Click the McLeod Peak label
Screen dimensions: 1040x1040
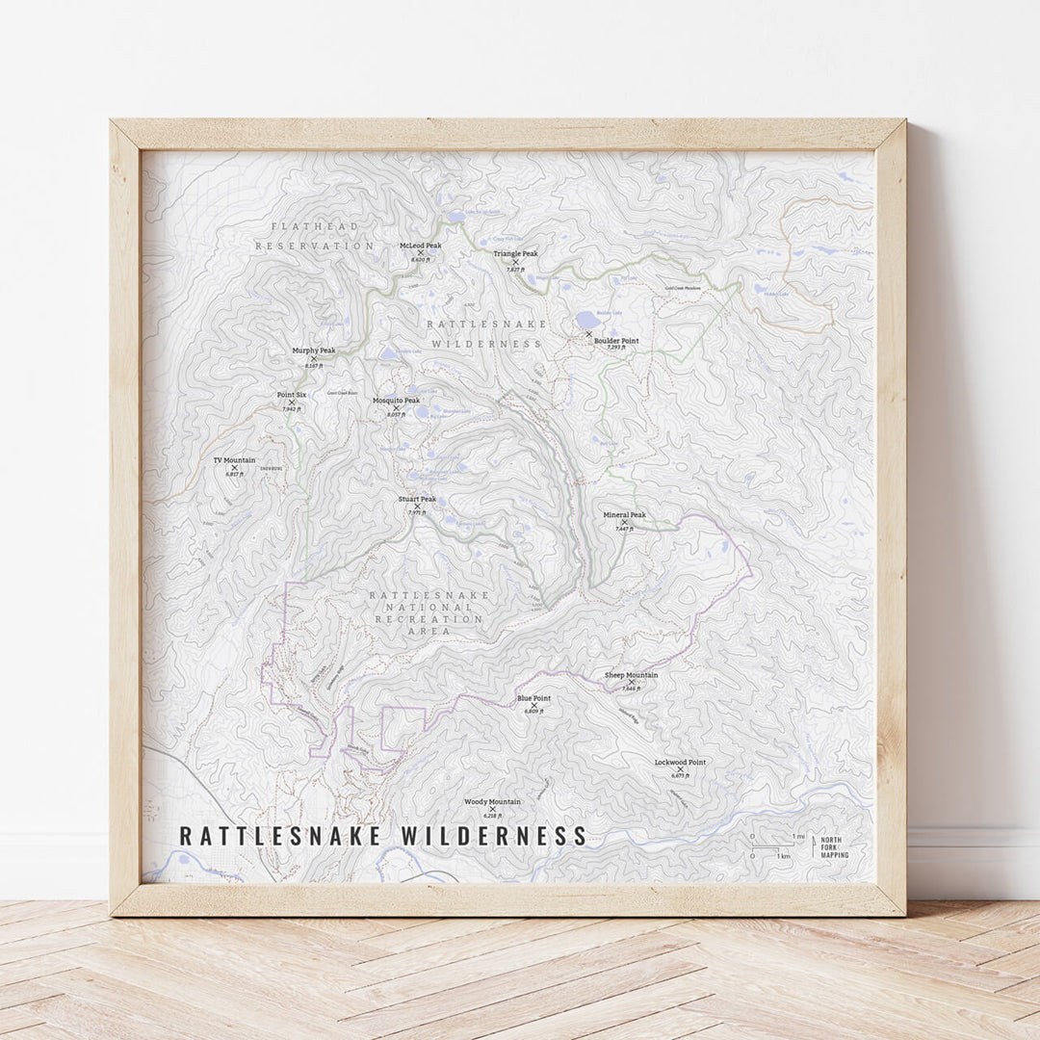[x=420, y=246]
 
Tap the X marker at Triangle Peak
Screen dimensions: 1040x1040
[x=515, y=262]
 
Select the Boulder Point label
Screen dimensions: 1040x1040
[x=615, y=341]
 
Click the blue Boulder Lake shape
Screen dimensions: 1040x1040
[x=585, y=321]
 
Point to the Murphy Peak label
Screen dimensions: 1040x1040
[x=314, y=351]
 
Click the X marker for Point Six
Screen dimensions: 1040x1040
[x=292, y=403]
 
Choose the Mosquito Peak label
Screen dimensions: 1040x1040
[x=396, y=401]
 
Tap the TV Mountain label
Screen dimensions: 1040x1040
[x=234, y=460]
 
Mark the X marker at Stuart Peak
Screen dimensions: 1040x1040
[x=417, y=507]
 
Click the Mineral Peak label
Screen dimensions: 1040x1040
[x=624, y=514]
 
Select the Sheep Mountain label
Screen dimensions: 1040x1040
[x=631, y=675]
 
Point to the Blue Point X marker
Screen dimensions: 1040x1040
[x=533, y=705]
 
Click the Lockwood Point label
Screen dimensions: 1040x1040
[x=680, y=762]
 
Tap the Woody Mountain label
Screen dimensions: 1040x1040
[x=492, y=801]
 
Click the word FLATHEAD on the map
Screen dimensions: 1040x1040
[x=301, y=226]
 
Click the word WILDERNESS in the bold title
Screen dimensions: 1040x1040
[x=494, y=836]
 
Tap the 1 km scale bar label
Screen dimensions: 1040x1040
[x=785, y=856]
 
